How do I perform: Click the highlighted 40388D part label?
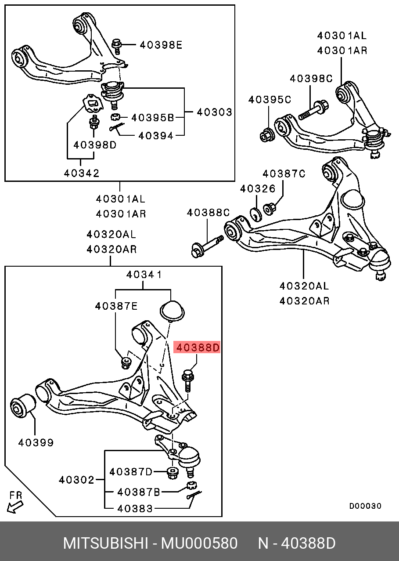pyautogui.click(x=197, y=348)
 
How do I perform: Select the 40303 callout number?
pyautogui.click(x=214, y=112)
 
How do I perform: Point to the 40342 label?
pyautogui.click(x=82, y=173)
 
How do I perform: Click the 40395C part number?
pyautogui.click(x=270, y=100)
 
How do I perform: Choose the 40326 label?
pyautogui.click(x=258, y=189)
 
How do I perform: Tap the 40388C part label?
pyautogui.click(x=208, y=213)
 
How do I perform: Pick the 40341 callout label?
pyautogui.click(x=144, y=275)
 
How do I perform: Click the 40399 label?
pyautogui.click(x=36, y=443)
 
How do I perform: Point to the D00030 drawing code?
pyautogui.click(x=365, y=506)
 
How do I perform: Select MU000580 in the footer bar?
pyautogui.click(x=199, y=543)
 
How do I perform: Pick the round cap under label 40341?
pyautogui.click(x=172, y=310)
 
